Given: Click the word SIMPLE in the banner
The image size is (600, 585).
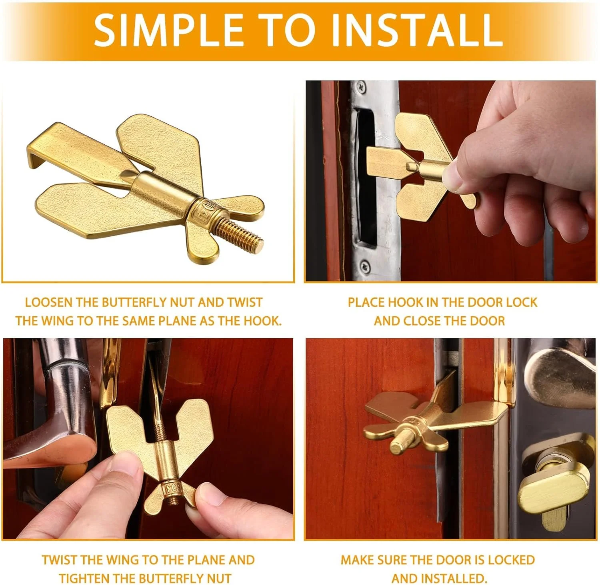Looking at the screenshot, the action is click(x=168, y=30).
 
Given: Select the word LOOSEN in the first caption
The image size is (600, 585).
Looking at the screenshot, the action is click(x=48, y=302).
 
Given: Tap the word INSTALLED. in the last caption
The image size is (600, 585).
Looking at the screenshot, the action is click(x=439, y=578).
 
